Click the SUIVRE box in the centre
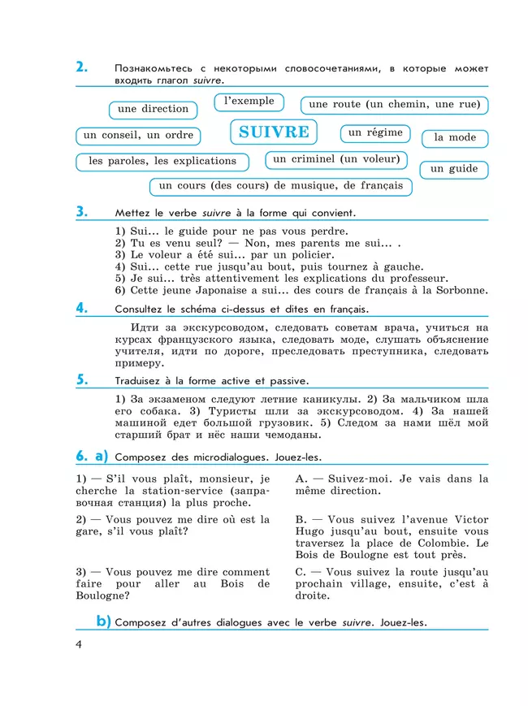[x=274, y=132]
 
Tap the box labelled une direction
[x=153, y=109]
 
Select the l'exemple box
[x=249, y=102]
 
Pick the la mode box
[x=455, y=137]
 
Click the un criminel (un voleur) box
[x=336, y=159]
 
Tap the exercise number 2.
[x=81, y=67]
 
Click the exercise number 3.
[x=81, y=212]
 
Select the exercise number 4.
[x=81, y=308]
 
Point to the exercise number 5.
[x=81, y=379]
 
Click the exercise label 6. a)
[x=92, y=456]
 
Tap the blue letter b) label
[x=103, y=622]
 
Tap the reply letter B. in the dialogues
[x=301, y=519]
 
